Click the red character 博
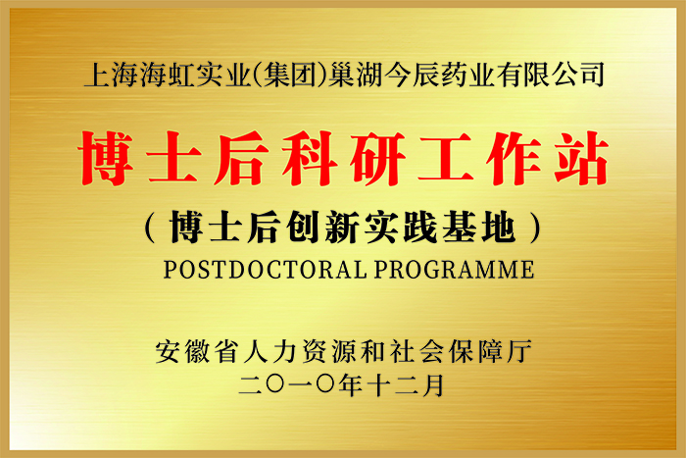[106, 159]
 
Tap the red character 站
[581, 159]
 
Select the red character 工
[445, 159]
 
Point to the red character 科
[310, 159]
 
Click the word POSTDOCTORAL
[266, 270]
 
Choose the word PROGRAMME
[454, 270]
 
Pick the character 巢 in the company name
[342, 75]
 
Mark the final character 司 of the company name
[591, 75]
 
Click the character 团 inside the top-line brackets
[304, 75]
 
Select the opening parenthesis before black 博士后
[151, 228]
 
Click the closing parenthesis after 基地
[535, 228]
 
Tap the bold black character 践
[420, 228]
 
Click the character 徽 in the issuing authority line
[197, 352]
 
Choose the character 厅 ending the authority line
[519, 352]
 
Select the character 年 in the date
[350, 385]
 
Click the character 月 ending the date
[433, 385]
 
